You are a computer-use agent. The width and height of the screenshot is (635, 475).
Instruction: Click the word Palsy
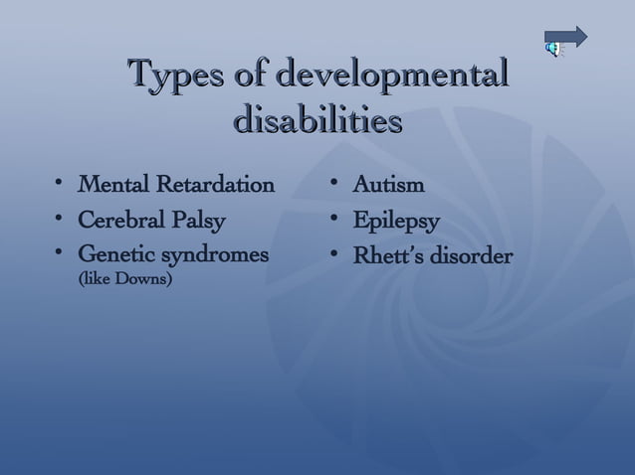202,220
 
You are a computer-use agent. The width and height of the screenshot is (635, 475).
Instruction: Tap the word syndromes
218,255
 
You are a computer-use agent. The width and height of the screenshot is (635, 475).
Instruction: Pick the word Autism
389,185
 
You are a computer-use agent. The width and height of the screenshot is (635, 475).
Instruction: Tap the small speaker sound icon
551,48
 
